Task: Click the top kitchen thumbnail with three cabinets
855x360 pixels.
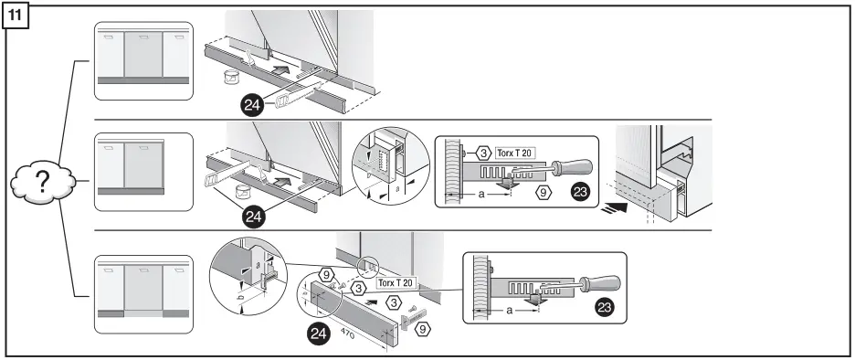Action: (x=143, y=61)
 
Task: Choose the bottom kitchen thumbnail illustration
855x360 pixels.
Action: (x=143, y=299)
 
